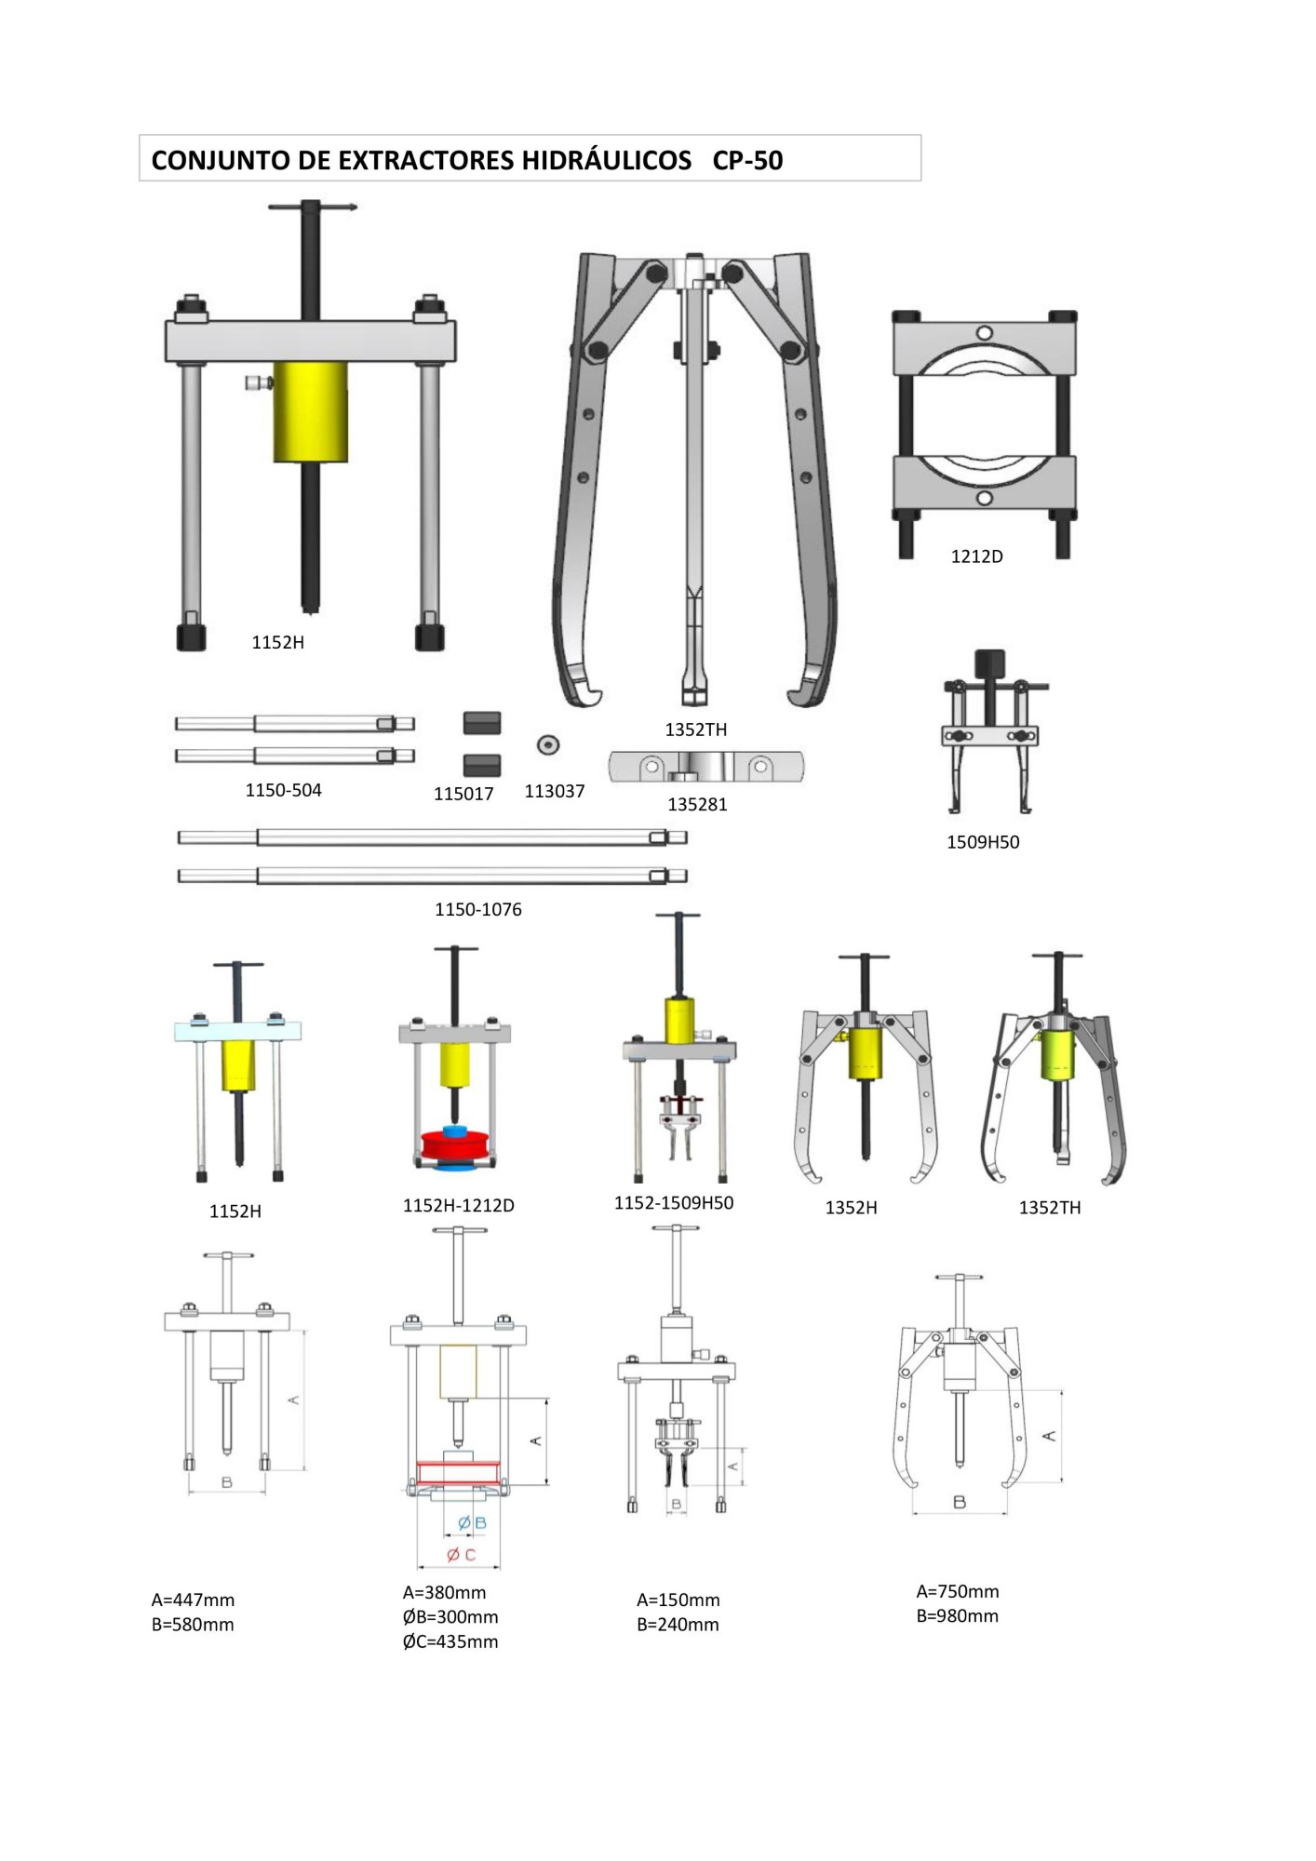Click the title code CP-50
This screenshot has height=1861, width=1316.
(747, 161)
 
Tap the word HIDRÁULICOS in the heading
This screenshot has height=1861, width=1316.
(606, 161)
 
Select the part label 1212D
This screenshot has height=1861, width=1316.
(976, 556)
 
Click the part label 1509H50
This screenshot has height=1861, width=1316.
(983, 842)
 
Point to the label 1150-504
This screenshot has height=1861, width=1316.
(283, 790)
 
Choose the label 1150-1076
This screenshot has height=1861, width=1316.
(477, 909)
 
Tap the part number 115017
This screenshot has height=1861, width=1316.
(463, 794)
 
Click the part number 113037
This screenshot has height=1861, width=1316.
(555, 791)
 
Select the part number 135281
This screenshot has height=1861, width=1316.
(697, 804)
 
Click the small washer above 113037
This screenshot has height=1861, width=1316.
(548, 744)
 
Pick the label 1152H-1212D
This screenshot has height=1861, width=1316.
(458, 1205)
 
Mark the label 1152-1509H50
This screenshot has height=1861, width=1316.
(674, 1202)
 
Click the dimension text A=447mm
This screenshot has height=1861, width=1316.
(193, 1600)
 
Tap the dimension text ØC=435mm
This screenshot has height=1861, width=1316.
(450, 1641)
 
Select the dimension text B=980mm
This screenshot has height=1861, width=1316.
(957, 1616)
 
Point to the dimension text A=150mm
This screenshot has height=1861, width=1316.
(678, 1600)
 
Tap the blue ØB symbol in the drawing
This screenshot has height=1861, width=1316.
(472, 1523)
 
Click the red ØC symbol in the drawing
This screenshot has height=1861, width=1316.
(461, 1555)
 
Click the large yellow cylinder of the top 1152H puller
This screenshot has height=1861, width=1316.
(310, 411)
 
